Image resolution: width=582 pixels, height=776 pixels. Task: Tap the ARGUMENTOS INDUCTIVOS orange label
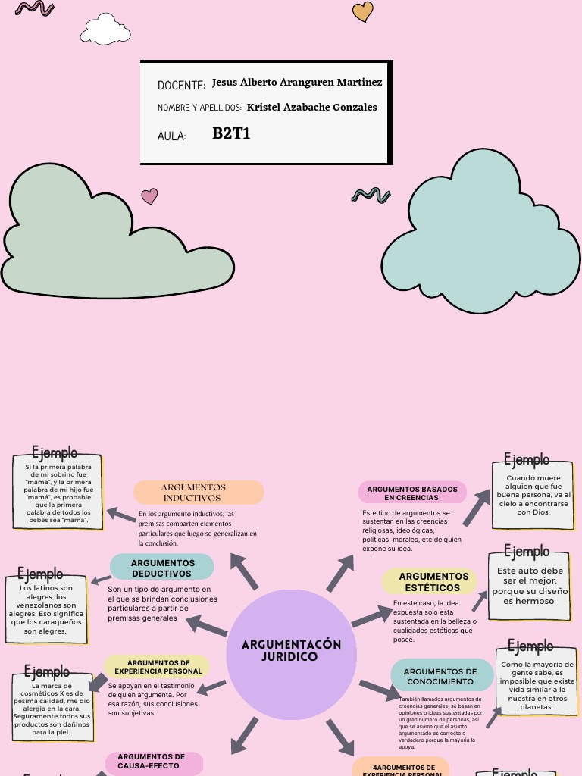pyautogui.click(x=199, y=493)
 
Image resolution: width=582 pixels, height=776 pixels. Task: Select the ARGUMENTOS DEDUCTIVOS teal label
pyautogui.click(x=162, y=567)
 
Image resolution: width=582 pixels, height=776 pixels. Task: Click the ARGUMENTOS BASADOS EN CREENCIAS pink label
pyautogui.click(x=411, y=493)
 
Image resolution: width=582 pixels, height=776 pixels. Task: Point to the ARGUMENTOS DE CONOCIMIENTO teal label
pyautogui.click(x=441, y=676)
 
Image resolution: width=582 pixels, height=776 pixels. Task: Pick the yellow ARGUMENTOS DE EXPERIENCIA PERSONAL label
pyautogui.click(x=158, y=667)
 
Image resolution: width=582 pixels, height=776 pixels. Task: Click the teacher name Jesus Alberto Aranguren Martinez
pyautogui.click(x=297, y=82)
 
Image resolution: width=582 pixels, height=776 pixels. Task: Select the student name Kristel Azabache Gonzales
pyautogui.click(x=311, y=107)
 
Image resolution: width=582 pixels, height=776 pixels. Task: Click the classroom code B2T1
pyautogui.click(x=231, y=134)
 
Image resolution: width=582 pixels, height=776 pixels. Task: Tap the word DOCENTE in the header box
pyautogui.click(x=181, y=86)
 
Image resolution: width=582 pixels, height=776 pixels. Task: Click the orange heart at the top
pyautogui.click(x=363, y=11)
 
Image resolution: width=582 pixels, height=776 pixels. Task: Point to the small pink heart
pyautogui.click(x=150, y=196)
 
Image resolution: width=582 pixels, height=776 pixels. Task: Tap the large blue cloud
pyautogui.click(x=482, y=235)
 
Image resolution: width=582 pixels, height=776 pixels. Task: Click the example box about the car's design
pyautogui.click(x=530, y=585)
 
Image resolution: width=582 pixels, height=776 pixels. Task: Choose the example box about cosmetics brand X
pyautogui.click(x=52, y=709)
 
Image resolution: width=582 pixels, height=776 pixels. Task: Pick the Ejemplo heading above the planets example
pyautogui.click(x=530, y=646)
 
